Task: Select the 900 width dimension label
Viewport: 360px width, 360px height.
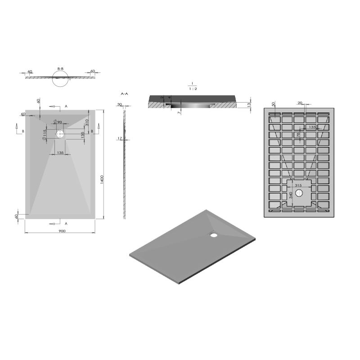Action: click(62, 231)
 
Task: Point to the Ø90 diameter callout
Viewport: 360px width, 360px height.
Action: click(58, 122)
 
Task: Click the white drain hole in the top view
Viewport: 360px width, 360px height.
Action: click(60, 133)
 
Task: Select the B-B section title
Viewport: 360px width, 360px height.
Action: click(60, 69)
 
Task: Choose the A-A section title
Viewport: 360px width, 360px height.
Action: click(125, 94)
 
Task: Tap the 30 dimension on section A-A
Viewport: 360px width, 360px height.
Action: click(120, 104)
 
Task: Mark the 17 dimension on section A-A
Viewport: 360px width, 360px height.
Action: click(120, 139)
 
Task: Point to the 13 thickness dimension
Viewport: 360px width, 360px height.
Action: click(249, 104)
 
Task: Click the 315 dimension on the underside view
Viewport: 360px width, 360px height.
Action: click(297, 185)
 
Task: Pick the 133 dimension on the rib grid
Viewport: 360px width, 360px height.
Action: click(312, 127)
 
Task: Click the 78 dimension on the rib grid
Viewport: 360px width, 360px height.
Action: click(298, 135)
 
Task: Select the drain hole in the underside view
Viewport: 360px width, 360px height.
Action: click(300, 193)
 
